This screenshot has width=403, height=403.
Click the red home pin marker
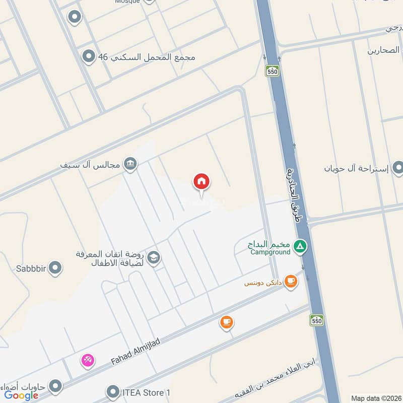(201, 182)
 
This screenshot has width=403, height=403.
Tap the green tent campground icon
(300, 246)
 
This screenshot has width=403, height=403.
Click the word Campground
(271, 252)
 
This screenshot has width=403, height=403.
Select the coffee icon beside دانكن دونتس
(291, 282)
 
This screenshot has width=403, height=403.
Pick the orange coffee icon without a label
(227, 321)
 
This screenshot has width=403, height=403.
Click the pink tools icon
(88, 360)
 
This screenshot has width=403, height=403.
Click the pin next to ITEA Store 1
(113, 391)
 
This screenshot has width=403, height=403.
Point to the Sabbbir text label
(31, 268)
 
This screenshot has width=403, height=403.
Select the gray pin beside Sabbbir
(55, 268)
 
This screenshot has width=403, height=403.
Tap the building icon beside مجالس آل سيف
(130, 164)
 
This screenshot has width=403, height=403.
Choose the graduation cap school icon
(153, 258)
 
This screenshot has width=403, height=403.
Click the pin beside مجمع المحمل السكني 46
(89, 57)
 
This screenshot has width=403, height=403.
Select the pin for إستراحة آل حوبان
(398, 168)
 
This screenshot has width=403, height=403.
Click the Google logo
(21, 395)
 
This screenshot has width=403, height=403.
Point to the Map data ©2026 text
(376, 398)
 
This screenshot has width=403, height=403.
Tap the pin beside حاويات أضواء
(55, 386)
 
